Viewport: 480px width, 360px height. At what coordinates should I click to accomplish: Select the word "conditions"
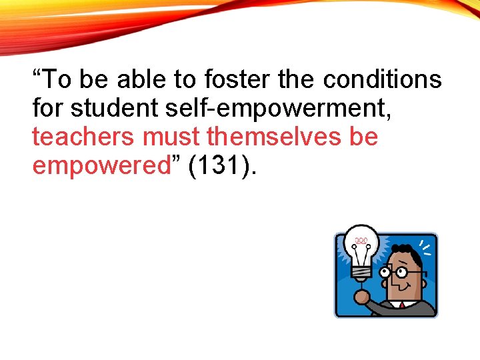383,80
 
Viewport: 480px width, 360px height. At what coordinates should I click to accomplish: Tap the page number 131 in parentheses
222,166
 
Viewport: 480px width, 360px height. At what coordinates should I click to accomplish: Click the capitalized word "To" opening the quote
55,80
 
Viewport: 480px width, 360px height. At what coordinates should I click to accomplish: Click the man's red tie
402,306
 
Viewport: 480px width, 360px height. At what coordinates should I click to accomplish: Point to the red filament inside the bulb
361,241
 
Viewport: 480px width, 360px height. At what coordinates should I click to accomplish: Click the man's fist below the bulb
363,296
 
